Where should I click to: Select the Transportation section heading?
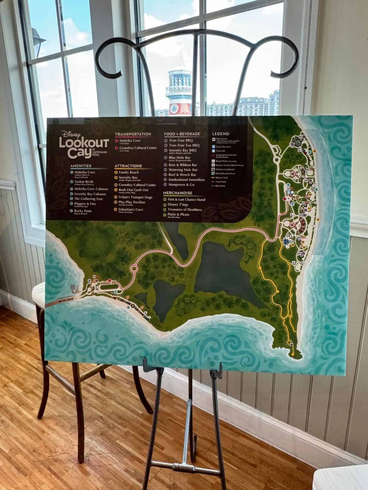coord(133,134)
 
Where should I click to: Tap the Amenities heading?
coord(81,166)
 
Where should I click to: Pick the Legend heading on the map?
coord(220,134)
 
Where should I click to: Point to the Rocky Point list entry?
coord(83,211)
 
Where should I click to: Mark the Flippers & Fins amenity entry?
coord(85,204)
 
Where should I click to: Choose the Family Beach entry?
coord(129,172)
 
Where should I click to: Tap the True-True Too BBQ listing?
coord(184,145)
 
